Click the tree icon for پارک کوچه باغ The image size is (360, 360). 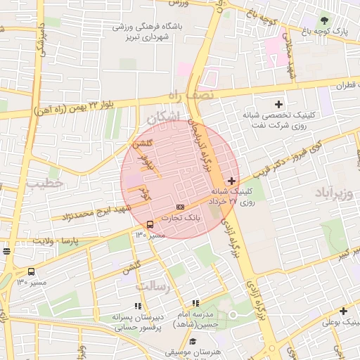click(x=324, y=20)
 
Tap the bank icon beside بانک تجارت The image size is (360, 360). click(x=181, y=207)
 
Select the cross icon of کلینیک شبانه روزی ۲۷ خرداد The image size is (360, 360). click(x=232, y=181)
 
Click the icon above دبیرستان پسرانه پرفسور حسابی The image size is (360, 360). click(x=138, y=306)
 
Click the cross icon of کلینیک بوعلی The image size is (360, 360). click(x=343, y=311)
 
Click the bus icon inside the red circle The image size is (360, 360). click(x=149, y=224)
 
